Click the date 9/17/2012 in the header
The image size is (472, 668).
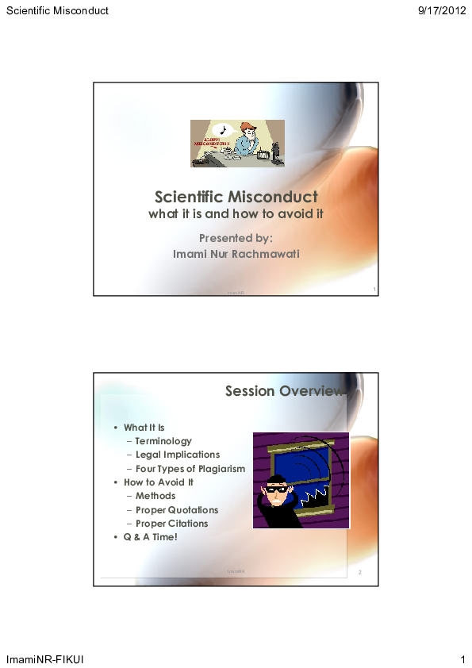(440, 11)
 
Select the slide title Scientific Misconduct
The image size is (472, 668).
(236, 197)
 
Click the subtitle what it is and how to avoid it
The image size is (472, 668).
(236, 214)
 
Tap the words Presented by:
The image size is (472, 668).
(236, 238)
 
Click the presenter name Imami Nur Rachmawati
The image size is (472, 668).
(236, 254)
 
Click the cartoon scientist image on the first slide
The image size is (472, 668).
(237, 144)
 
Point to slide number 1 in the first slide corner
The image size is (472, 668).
(374, 290)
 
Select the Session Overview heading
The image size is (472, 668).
(284, 391)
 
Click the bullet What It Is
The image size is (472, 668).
(144, 428)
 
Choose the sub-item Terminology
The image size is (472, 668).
(163, 441)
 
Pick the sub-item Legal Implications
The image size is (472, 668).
(177, 455)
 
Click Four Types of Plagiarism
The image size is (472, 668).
(190, 469)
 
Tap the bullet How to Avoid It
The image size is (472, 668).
(158, 482)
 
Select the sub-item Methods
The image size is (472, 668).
(155, 496)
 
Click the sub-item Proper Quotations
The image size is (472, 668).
(176, 510)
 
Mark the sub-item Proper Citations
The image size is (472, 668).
(171, 524)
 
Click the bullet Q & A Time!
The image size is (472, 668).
(150, 537)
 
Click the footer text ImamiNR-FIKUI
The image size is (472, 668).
(45, 660)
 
